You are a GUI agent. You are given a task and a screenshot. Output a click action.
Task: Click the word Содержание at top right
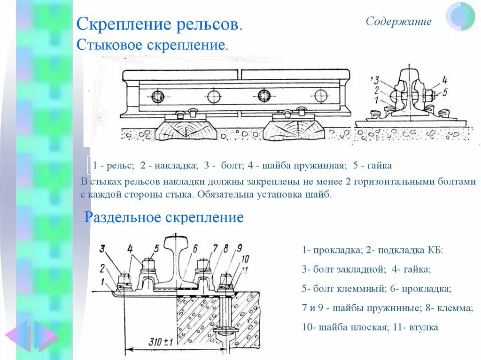[398, 22]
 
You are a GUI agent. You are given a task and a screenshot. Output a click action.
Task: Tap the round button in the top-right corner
[460, 16]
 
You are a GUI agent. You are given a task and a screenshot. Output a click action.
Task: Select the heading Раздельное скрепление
[163, 217]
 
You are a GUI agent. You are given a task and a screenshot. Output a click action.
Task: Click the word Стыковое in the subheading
[109, 46]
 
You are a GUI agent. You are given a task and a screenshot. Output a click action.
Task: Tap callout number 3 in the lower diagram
[102, 249]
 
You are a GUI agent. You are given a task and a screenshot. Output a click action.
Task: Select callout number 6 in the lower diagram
[194, 248]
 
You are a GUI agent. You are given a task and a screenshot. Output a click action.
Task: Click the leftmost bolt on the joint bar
[157, 97]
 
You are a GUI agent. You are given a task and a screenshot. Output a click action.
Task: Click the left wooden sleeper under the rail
[184, 130]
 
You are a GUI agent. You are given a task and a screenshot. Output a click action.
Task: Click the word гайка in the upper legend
[378, 166]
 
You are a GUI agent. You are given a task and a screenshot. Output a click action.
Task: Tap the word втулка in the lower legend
[422, 327]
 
